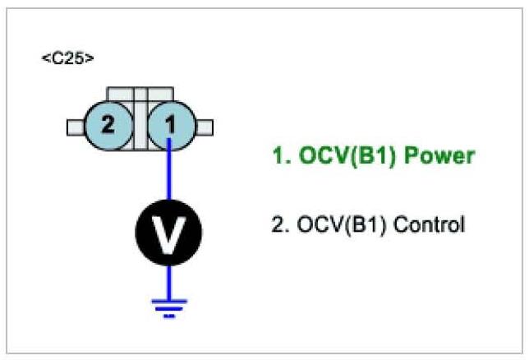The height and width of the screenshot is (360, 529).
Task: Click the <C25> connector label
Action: click(67, 59)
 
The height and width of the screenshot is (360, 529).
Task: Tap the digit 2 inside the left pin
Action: click(108, 126)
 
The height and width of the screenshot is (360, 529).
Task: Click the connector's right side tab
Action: click(205, 127)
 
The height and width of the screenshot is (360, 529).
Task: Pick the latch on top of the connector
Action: click(139, 92)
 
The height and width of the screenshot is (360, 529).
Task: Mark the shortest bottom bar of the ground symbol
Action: click(168, 314)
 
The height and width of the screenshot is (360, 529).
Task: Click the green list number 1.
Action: click(278, 156)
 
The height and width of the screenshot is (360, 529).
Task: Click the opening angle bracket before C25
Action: click(44, 60)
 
